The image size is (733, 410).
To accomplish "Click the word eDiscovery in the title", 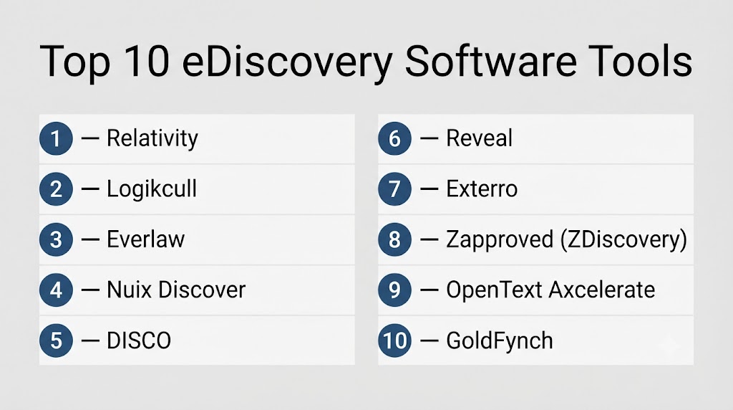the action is pyautogui.click(x=287, y=62).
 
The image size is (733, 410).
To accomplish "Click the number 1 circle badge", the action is pyautogui.click(x=56, y=138).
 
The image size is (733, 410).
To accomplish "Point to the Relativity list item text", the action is pyautogui.click(x=152, y=138).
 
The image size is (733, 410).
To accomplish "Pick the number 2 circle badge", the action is pyautogui.click(x=56, y=189).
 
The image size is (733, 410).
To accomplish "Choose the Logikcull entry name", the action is pyautogui.click(x=152, y=189).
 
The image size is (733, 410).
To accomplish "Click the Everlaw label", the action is pyautogui.click(x=146, y=239).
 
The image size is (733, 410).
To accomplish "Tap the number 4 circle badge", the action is pyautogui.click(x=56, y=290).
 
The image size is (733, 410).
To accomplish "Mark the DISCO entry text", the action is pyautogui.click(x=139, y=340).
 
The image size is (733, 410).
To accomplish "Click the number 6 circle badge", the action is pyautogui.click(x=394, y=138).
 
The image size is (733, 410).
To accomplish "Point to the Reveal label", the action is pyautogui.click(x=479, y=138).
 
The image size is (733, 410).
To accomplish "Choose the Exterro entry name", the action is pyautogui.click(x=482, y=189).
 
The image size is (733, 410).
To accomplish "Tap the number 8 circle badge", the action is pyautogui.click(x=394, y=239).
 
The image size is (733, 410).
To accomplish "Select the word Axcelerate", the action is pyautogui.click(x=602, y=290).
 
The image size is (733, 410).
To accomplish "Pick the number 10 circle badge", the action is pyautogui.click(x=394, y=340).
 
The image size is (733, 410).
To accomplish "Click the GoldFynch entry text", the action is pyautogui.click(x=499, y=340).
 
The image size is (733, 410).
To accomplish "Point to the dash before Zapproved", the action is pyautogui.click(x=429, y=239).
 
